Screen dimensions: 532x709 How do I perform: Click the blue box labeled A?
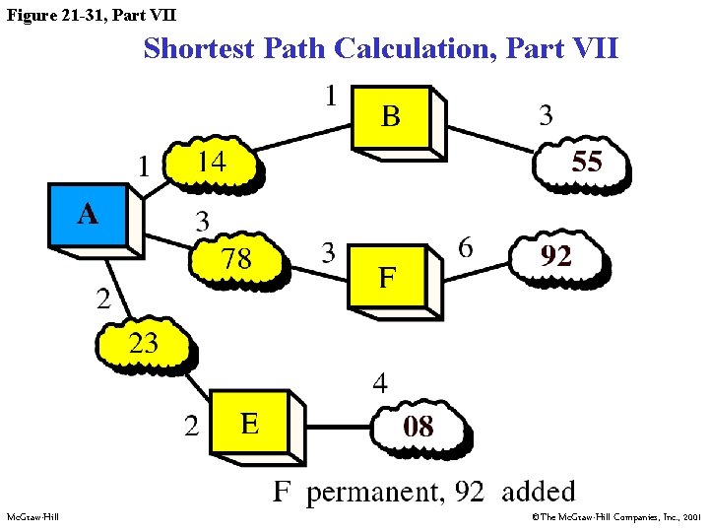coord(89,214)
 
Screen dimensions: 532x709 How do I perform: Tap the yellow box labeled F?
coord(387,278)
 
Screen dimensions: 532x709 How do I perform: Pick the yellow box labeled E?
coord(250,423)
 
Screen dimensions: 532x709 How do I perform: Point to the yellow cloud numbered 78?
coord(235,259)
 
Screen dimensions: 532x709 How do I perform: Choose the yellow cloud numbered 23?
coord(142,345)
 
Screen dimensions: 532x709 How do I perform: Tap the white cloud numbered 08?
coord(418,427)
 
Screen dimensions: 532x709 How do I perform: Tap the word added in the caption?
coord(538,491)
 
